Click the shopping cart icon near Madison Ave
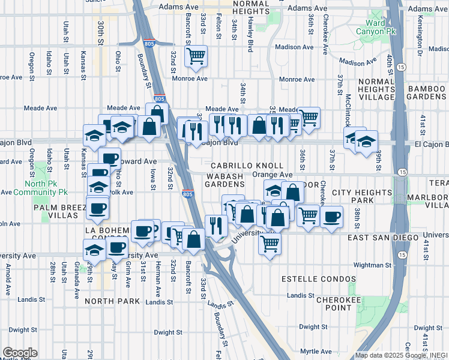tap(196, 57)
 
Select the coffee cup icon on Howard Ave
tap(109, 159)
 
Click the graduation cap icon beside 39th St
tap(366, 142)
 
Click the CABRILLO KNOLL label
tap(247, 165)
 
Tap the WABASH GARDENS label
tap(225, 180)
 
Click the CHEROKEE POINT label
tap(339, 303)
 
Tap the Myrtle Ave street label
tap(316, 351)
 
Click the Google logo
tap(20, 353)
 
